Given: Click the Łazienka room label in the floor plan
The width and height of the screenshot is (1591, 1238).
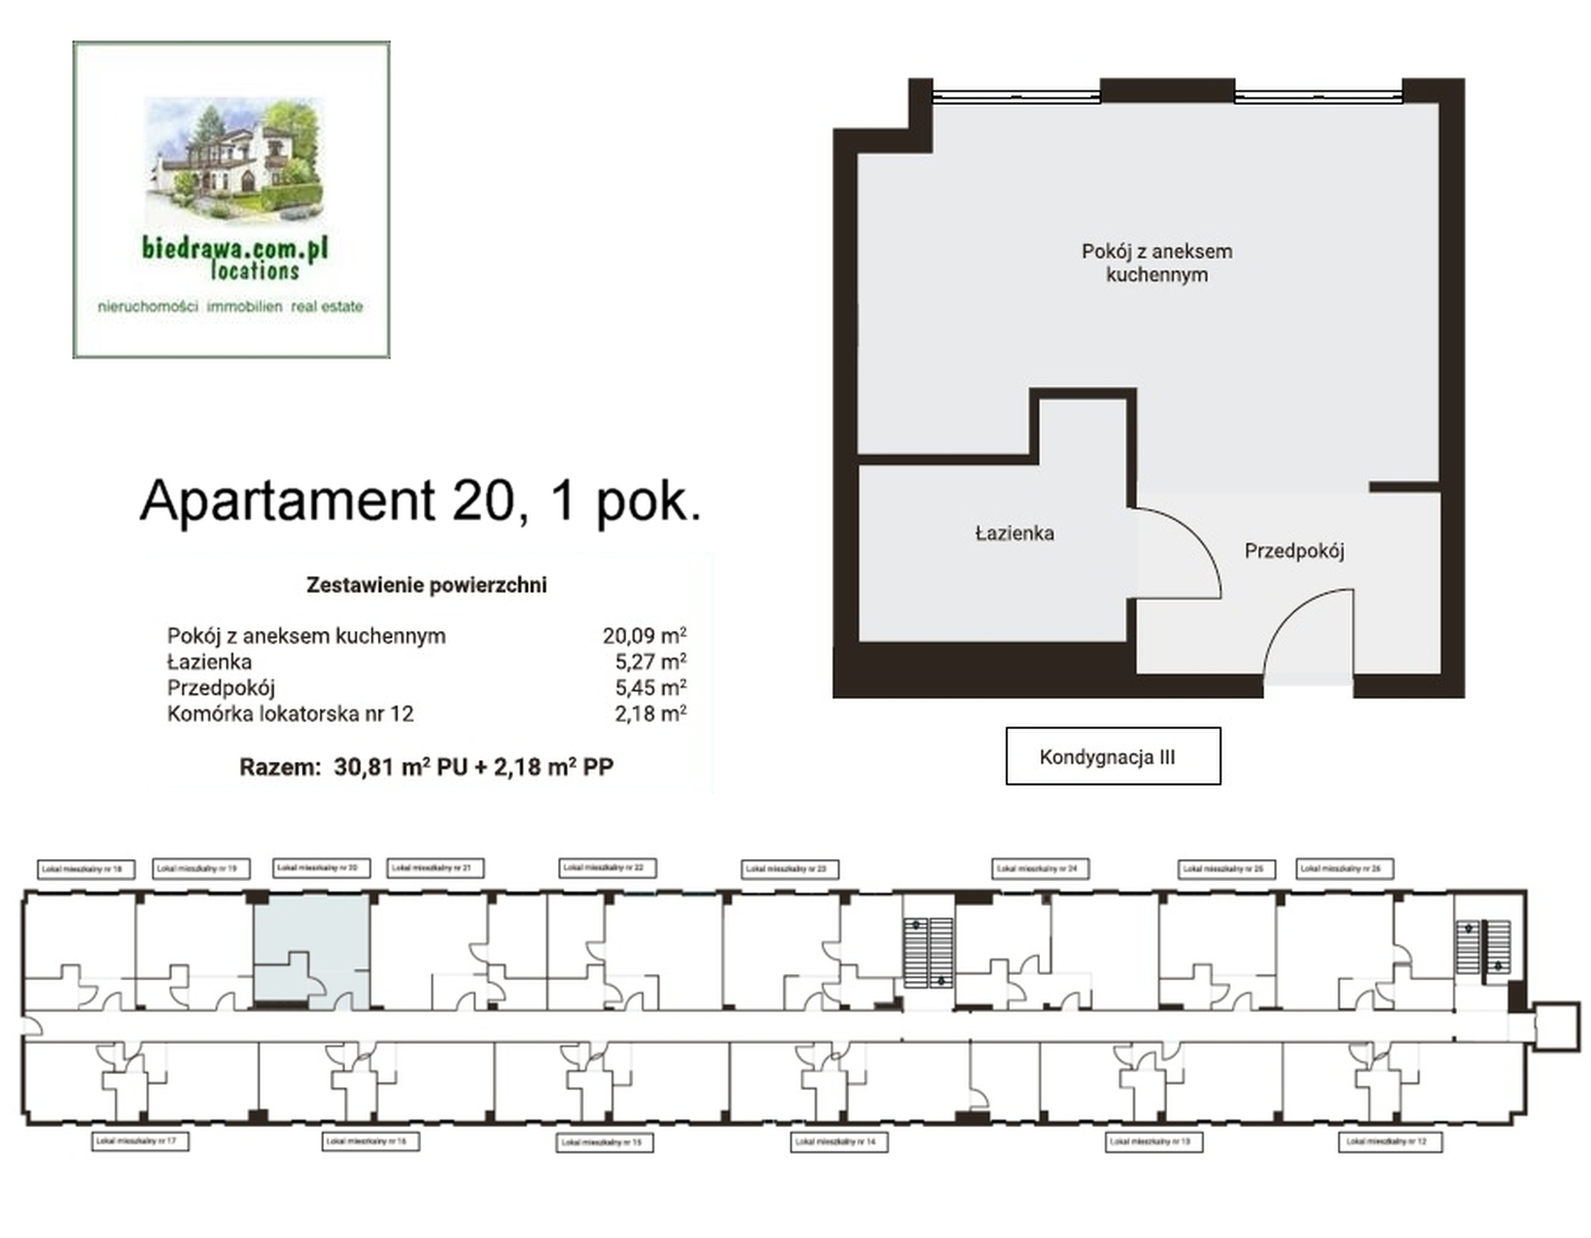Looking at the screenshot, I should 1013,533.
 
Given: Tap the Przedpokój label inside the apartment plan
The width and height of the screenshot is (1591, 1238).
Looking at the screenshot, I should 1293,550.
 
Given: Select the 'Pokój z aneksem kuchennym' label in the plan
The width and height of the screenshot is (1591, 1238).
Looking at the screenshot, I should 1155,262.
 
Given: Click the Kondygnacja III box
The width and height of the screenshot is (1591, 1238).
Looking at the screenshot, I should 1111,756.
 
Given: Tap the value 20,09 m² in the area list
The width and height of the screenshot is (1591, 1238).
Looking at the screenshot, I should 643,635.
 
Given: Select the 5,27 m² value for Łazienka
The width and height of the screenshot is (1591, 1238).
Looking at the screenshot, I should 649,661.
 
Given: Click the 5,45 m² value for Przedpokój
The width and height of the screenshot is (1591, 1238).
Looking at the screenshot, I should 649,687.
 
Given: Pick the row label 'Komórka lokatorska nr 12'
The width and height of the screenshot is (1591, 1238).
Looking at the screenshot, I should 290,714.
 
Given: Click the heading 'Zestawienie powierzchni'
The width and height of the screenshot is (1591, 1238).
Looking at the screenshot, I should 425,585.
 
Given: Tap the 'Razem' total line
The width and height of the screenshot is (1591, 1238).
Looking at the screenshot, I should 425,766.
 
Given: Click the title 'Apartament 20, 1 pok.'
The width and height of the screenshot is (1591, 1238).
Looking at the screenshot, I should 420,499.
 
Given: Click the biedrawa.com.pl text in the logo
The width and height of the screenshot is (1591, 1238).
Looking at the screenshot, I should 235,248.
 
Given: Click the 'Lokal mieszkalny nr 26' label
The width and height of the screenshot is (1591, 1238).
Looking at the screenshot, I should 1343,868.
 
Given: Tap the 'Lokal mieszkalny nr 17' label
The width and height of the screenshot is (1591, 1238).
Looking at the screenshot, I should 139,1141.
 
